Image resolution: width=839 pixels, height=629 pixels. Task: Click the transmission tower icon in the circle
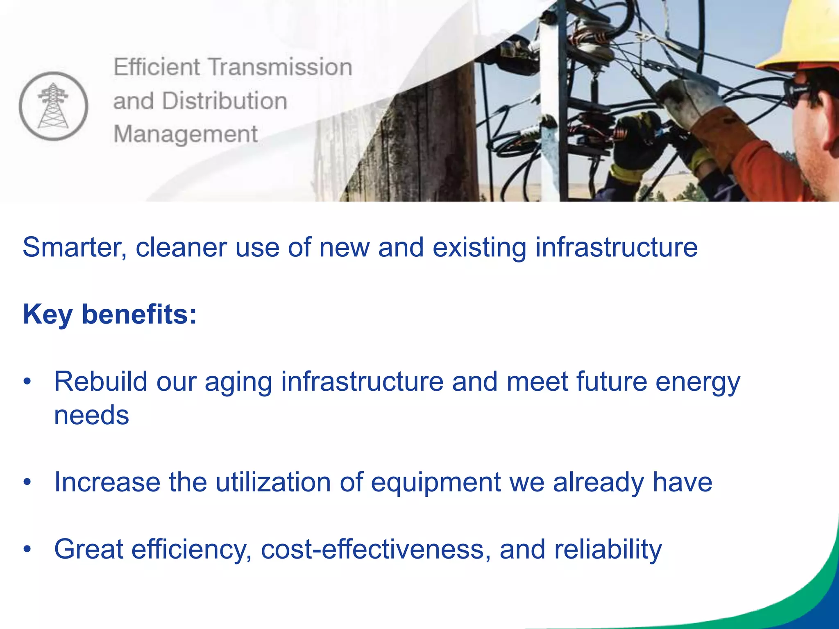click(x=53, y=106)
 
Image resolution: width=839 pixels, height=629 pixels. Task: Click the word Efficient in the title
click(x=157, y=67)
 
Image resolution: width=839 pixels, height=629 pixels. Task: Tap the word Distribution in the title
click(x=224, y=101)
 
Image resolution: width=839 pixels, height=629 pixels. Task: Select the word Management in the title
click(x=186, y=134)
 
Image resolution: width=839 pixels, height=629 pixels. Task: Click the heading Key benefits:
click(x=110, y=314)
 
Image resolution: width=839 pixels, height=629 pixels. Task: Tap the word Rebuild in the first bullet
click(x=101, y=382)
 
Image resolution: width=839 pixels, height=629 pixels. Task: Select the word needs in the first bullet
click(x=92, y=415)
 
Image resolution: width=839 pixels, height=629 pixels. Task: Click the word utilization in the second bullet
click(x=273, y=482)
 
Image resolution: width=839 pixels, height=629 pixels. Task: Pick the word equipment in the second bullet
click(x=435, y=482)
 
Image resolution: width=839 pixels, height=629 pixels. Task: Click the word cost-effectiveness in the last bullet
click(x=375, y=549)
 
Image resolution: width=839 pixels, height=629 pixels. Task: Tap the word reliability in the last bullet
click(x=608, y=549)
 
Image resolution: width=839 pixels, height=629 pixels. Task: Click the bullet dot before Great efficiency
click(x=27, y=549)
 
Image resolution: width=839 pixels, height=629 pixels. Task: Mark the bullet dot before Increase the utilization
click(x=27, y=482)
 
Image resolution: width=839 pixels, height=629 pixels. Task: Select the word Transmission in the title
click(x=281, y=67)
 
